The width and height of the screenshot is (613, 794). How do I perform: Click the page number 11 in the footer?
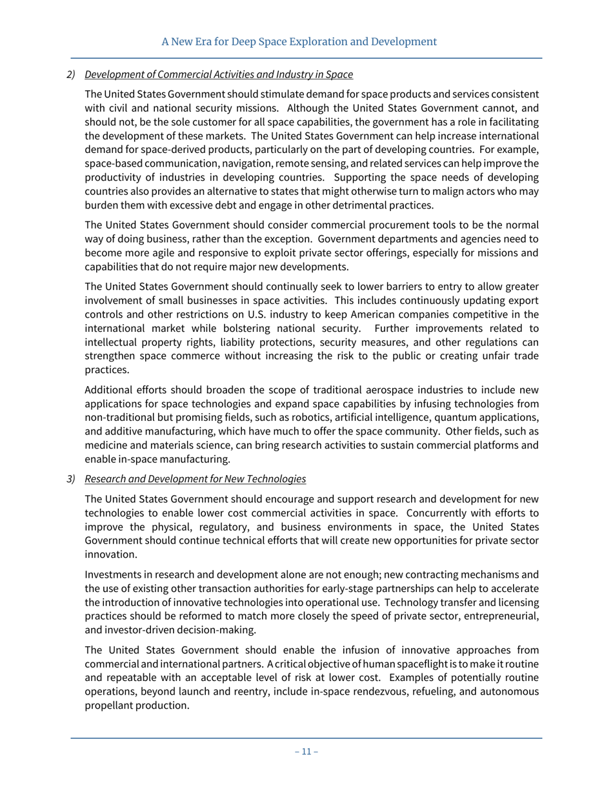coord(306,751)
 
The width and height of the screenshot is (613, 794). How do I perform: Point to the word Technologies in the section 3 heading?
coord(274,479)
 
